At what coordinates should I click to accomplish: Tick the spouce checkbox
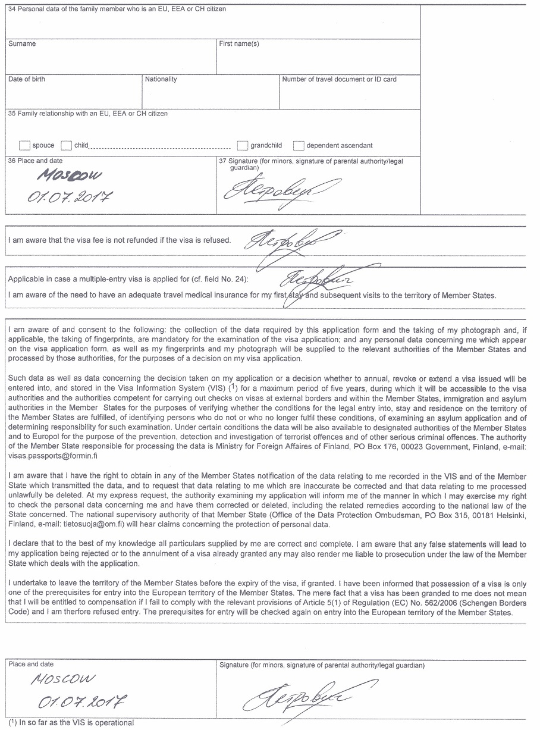(24, 145)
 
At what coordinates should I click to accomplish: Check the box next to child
(66, 145)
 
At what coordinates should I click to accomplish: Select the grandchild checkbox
(242, 145)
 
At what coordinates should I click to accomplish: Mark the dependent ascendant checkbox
(298, 145)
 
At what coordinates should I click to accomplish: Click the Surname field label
(22, 44)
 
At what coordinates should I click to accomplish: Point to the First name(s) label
(239, 44)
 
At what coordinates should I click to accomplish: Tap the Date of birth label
(27, 79)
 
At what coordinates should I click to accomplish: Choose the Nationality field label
(161, 79)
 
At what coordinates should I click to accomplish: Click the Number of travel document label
(339, 79)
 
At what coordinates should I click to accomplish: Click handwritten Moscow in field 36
(69, 176)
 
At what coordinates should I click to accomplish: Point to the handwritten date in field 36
(70, 196)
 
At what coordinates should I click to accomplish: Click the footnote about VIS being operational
(71, 723)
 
